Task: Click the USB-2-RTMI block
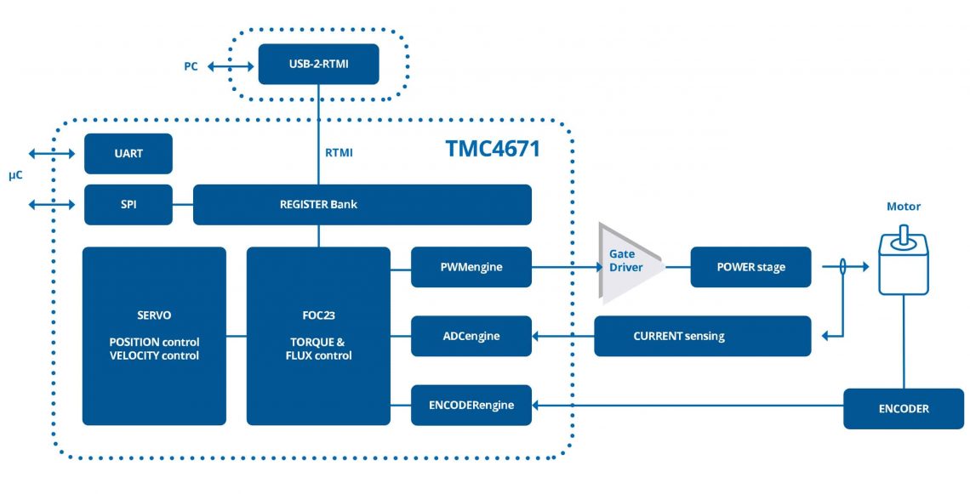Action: pos(318,64)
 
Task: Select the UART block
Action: pos(128,154)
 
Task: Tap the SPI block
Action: pos(128,205)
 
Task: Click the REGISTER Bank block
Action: pos(362,205)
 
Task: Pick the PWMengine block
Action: pos(471,267)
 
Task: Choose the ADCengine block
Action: pos(471,336)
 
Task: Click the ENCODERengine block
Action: pos(471,405)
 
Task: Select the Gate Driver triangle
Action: pos(625,263)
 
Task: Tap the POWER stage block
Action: pos(750,267)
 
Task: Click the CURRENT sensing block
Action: pos(702,336)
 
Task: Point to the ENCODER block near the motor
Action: pos(904,409)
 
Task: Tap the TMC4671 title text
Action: pos(493,149)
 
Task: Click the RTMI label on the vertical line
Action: pos(339,153)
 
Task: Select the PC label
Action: pos(191,65)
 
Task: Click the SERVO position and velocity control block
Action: pos(154,336)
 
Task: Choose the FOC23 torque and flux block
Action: pos(318,336)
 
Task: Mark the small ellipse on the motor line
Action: pos(842,267)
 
